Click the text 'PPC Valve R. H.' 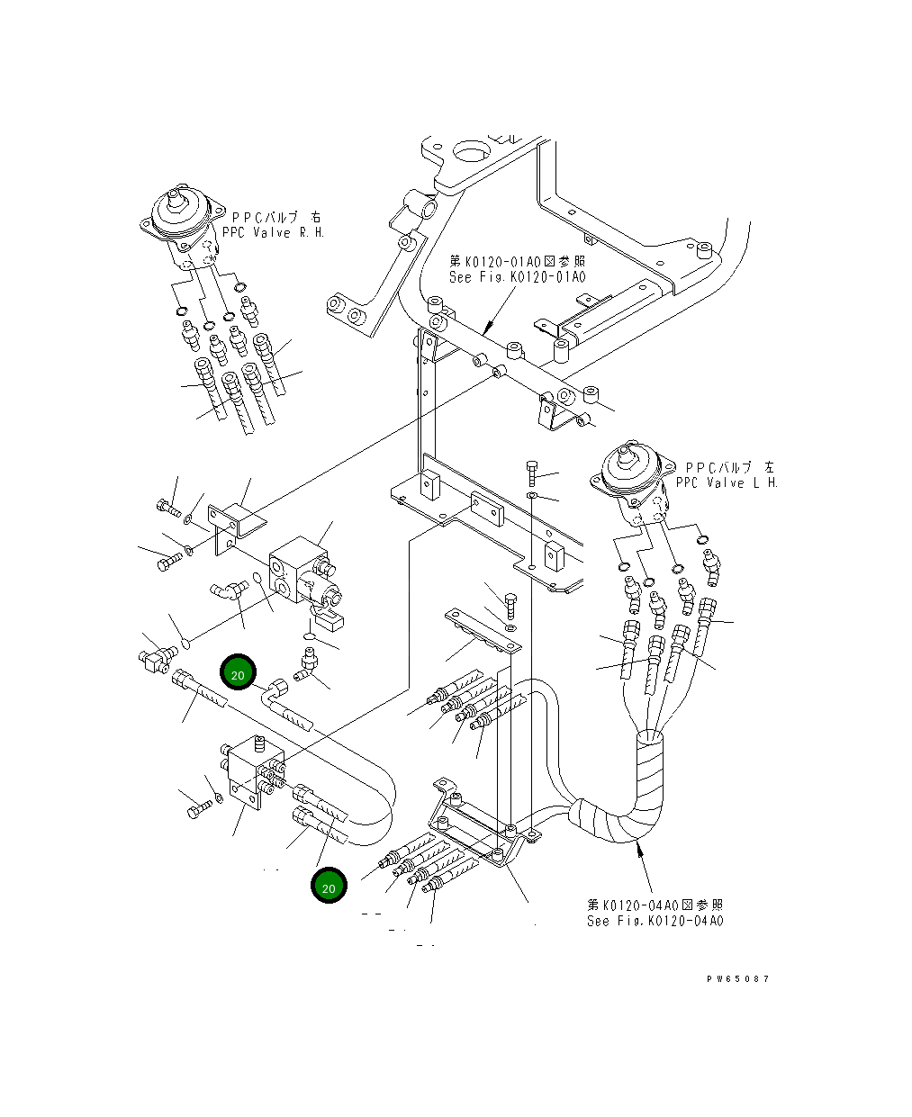click(x=273, y=232)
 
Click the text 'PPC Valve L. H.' click(x=727, y=482)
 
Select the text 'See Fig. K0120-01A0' click(x=517, y=277)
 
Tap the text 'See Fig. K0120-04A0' click(x=655, y=921)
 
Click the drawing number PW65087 click(x=737, y=978)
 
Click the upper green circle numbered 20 click(x=238, y=672)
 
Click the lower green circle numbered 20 click(x=329, y=885)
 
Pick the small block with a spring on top click(x=252, y=770)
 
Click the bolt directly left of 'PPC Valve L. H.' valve click(x=532, y=473)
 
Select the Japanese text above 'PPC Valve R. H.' click(x=276, y=217)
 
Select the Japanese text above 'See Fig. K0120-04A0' click(x=655, y=905)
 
